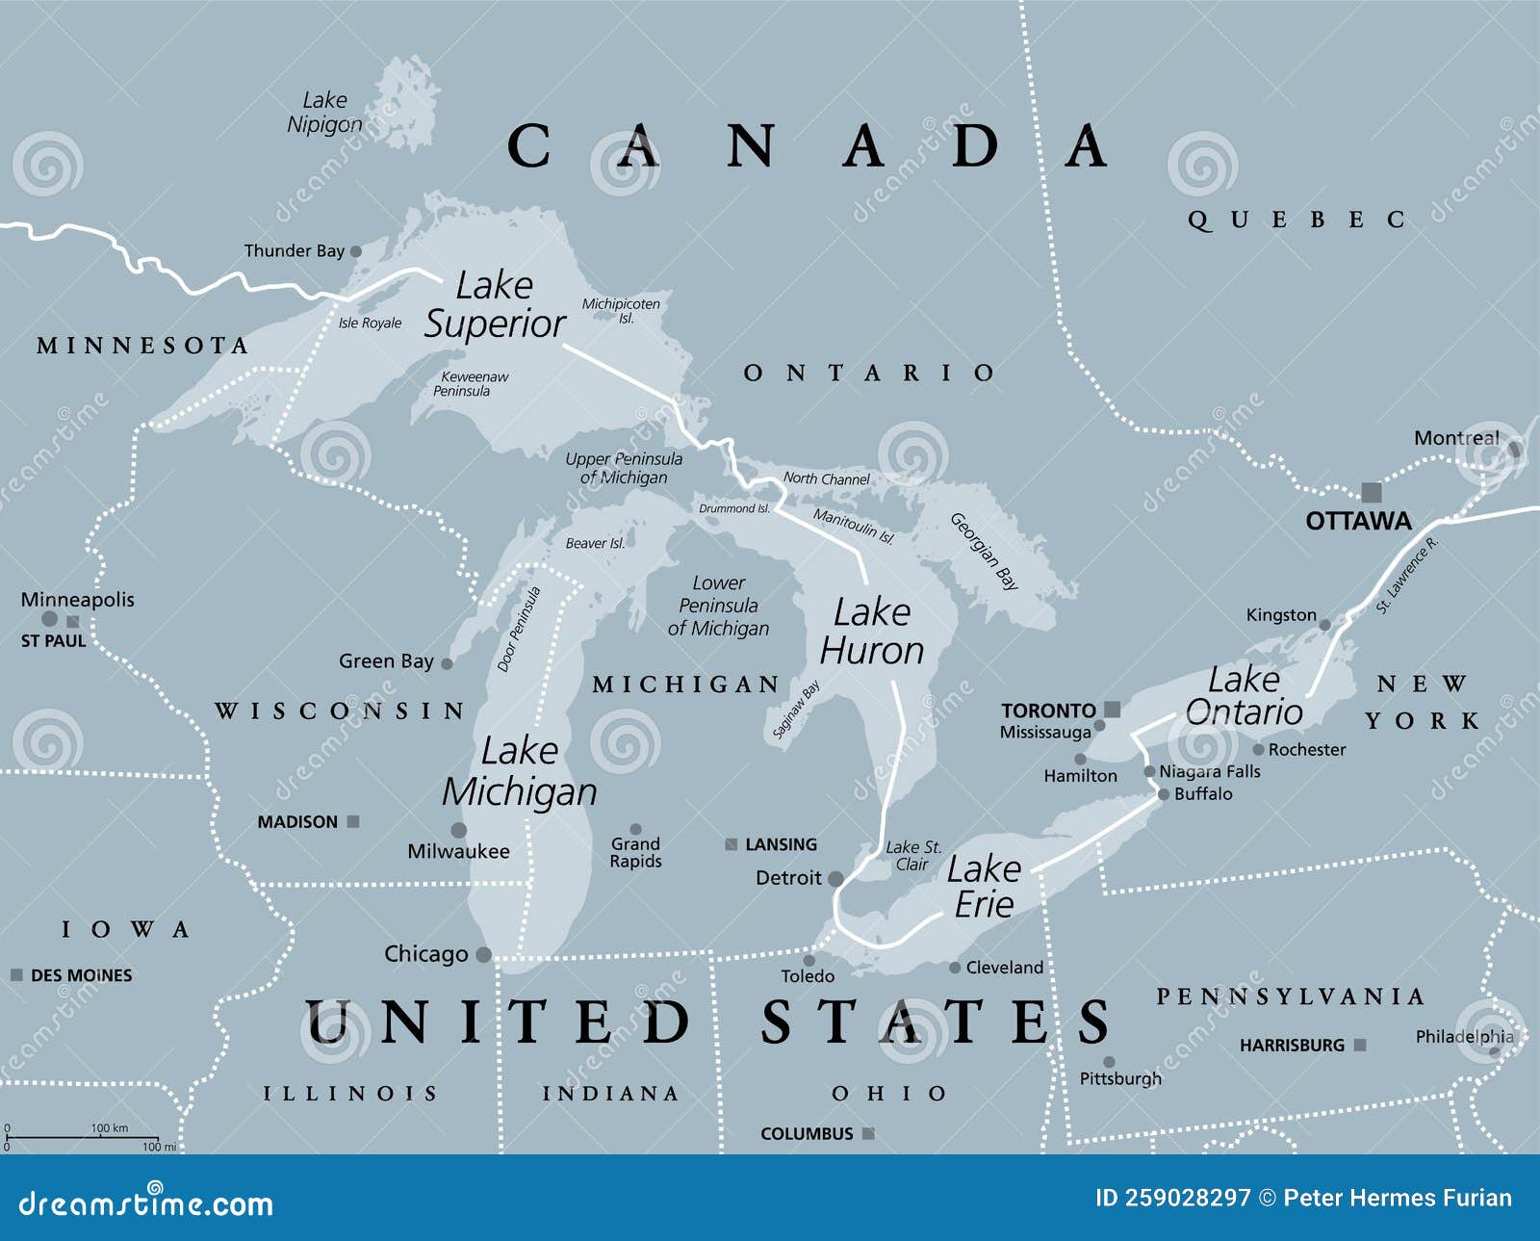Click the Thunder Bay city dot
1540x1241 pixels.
tap(355, 251)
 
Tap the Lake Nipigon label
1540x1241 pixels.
tap(324, 112)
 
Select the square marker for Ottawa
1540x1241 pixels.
tap(1372, 492)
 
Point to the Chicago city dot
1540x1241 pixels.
tap(484, 955)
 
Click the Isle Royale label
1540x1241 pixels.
tap(370, 323)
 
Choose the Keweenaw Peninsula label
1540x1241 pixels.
tap(472, 383)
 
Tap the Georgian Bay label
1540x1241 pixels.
tap(985, 551)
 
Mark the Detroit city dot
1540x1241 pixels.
tap(835, 878)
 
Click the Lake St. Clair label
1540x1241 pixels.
tap(912, 855)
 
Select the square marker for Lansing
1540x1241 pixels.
tap(731, 844)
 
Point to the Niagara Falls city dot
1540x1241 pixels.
tap(1149, 771)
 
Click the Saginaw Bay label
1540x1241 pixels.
tap(796, 710)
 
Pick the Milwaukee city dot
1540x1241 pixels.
tap(459, 830)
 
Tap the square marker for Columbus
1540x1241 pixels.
tap(868, 1133)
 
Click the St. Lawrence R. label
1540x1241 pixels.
tap(1406, 575)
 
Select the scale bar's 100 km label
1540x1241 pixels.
tap(109, 1127)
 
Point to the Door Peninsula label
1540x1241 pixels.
tap(519, 629)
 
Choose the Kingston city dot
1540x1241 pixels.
tap(1324, 625)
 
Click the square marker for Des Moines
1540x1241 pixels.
tap(16, 975)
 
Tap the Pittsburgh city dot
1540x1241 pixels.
tap(1109, 1062)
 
